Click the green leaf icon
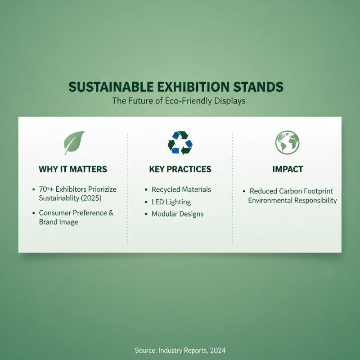(x=74, y=143)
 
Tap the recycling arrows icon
(x=180, y=143)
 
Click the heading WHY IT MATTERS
(x=73, y=170)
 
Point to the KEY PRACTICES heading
(x=180, y=170)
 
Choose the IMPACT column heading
(x=288, y=170)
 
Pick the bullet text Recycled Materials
(x=181, y=189)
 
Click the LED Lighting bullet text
(x=171, y=202)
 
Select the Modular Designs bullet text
(x=178, y=214)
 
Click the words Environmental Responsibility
(x=292, y=201)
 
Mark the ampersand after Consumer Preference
(x=111, y=213)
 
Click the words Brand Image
(x=58, y=222)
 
